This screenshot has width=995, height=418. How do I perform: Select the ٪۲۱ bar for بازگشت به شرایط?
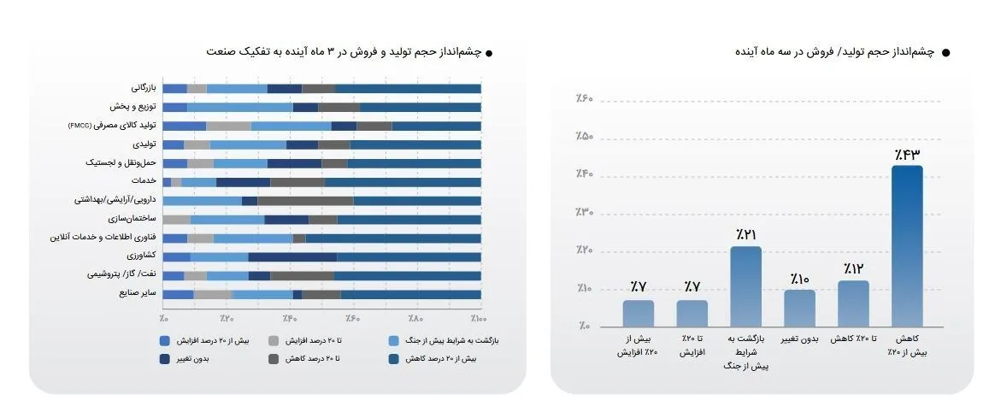[745, 286]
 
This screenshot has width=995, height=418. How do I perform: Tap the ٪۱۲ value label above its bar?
[853, 268]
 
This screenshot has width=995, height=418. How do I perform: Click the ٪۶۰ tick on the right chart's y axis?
[585, 100]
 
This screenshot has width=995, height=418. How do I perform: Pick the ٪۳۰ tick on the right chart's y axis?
[585, 213]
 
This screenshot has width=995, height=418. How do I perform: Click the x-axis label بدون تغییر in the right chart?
[799, 340]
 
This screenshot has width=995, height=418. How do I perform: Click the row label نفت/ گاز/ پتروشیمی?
[121, 275]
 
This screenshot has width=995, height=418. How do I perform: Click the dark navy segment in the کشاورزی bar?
[292, 256]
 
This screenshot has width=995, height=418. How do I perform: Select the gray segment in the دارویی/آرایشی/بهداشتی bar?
[305, 201]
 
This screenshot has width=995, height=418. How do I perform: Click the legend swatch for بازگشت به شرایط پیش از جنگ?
[392, 341]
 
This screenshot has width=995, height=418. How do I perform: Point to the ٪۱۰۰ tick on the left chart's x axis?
[478, 319]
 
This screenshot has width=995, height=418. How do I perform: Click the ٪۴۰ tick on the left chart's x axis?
[288, 319]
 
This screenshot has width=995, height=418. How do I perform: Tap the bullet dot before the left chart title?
[489, 53]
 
